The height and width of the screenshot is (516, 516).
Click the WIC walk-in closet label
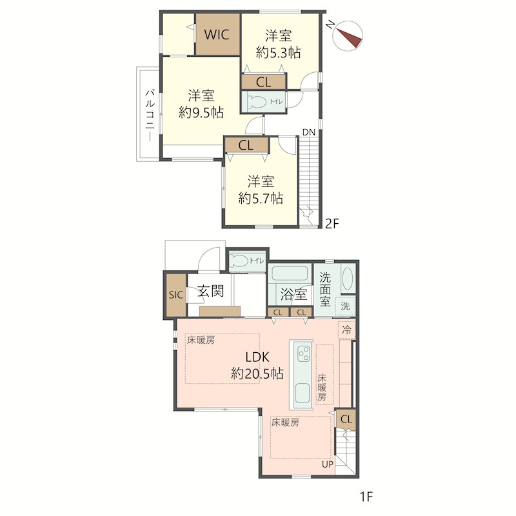click(217, 34)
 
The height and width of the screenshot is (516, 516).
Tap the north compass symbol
click(348, 36)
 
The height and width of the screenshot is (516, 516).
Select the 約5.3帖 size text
click(279, 53)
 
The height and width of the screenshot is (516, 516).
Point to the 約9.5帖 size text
click(201, 113)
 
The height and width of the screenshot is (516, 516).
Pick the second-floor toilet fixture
click(256, 102)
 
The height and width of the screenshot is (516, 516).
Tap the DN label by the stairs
click(309, 132)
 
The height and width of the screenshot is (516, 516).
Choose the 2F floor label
click(332, 224)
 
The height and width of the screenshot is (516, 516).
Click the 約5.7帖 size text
click(261, 199)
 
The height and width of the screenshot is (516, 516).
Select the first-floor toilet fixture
click(239, 261)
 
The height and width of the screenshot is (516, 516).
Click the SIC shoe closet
click(175, 295)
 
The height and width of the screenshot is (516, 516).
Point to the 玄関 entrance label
click(211, 292)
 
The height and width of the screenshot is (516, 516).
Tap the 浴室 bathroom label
click(294, 294)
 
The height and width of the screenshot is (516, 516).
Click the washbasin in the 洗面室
click(348, 279)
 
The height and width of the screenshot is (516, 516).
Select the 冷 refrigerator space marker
click(347, 330)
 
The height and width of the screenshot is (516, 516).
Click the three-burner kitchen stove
click(303, 353)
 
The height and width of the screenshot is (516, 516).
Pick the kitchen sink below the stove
click(303, 393)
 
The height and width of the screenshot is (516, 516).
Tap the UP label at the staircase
click(328, 464)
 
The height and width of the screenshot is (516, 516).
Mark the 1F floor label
click(366, 496)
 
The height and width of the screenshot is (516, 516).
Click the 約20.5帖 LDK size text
click(257, 374)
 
